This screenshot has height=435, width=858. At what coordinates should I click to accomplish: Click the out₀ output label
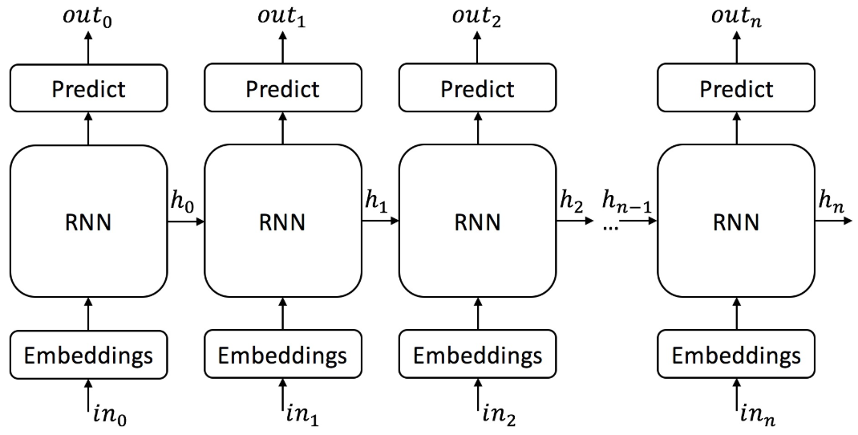(x=88, y=16)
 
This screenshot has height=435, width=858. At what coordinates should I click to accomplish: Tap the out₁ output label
(x=282, y=16)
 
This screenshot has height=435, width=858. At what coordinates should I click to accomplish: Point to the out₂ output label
(x=476, y=16)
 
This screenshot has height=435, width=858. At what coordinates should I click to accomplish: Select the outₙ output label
(x=736, y=16)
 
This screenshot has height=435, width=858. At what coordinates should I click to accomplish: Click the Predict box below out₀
(x=89, y=88)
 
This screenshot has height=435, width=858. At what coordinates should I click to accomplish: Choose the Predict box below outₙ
(x=736, y=88)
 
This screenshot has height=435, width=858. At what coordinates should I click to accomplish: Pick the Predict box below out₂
(x=477, y=88)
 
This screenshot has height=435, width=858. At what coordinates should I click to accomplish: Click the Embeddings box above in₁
(x=283, y=355)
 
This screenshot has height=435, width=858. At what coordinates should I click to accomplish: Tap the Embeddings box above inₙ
(x=736, y=355)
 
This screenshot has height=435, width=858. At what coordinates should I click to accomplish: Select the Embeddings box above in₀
(x=89, y=355)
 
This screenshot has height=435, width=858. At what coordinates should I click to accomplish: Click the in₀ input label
(x=109, y=416)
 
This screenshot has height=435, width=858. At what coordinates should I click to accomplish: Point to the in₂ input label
(x=500, y=416)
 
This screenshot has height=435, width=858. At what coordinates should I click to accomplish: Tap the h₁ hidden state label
(x=376, y=202)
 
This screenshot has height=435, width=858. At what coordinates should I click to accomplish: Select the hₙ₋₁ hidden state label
(x=626, y=202)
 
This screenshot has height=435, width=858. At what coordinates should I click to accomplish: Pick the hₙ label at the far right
(x=832, y=202)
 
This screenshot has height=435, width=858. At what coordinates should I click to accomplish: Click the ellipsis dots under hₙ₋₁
(x=610, y=226)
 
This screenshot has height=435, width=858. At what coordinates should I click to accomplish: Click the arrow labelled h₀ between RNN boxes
(x=186, y=221)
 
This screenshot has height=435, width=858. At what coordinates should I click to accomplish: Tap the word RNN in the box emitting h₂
(x=477, y=222)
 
